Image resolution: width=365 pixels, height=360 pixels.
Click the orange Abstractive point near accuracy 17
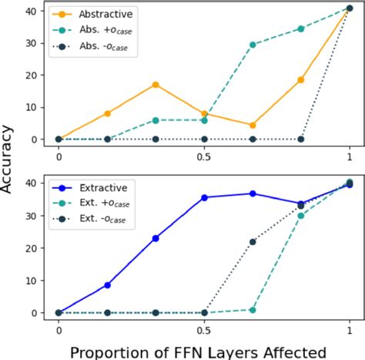(x=156, y=85)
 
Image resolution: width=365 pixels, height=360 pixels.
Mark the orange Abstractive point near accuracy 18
(x=301, y=80)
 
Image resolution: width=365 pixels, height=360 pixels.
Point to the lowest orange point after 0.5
(x=253, y=125)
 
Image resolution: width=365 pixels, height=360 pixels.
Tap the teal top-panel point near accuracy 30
(x=253, y=45)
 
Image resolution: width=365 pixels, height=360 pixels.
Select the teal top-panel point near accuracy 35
(x=301, y=29)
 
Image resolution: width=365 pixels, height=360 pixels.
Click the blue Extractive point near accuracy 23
(x=156, y=238)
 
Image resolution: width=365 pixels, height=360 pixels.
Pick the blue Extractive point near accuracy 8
(x=107, y=285)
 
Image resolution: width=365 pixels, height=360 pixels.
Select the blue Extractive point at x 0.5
(x=204, y=197)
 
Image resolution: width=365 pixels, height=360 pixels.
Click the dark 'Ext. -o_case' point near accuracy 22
(x=253, y=241)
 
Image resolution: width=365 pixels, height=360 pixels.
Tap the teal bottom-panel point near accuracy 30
(x=301, y=215)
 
